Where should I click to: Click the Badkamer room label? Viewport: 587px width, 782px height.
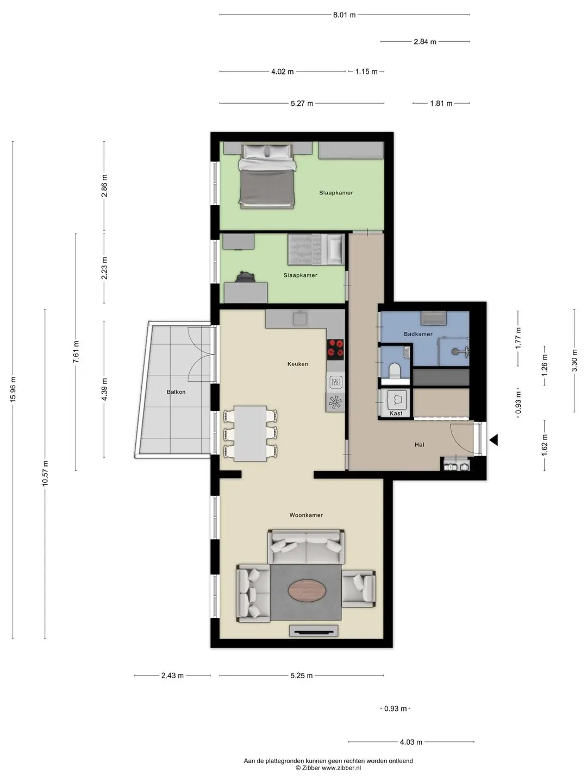point(418,334)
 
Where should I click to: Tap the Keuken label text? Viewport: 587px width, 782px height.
point(298,364)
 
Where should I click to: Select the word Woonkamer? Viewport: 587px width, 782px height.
point(306,515)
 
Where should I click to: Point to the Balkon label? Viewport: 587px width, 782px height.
point(176,392)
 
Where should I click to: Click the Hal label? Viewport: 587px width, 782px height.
point(420,445)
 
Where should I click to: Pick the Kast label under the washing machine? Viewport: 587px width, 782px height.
point(396,413)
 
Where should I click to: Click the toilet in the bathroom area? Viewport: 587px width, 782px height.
point(395,371)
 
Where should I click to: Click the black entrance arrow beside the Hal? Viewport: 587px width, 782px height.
point(494,440)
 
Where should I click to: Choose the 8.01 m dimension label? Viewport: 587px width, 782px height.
point(344,15)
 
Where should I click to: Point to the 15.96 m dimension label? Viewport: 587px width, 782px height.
point(13,389)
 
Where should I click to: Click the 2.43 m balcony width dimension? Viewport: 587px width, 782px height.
point(172,676)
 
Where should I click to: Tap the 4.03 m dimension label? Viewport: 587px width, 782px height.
point(411,742)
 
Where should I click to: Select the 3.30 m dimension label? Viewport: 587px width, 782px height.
point(574,360)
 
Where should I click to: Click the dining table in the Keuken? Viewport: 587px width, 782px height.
point(251,433)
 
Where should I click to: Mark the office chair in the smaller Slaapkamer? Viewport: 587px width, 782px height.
point(245,276)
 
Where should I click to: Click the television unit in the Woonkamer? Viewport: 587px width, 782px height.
point(313,631)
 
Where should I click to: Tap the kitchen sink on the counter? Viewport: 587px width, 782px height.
point(300,318)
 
